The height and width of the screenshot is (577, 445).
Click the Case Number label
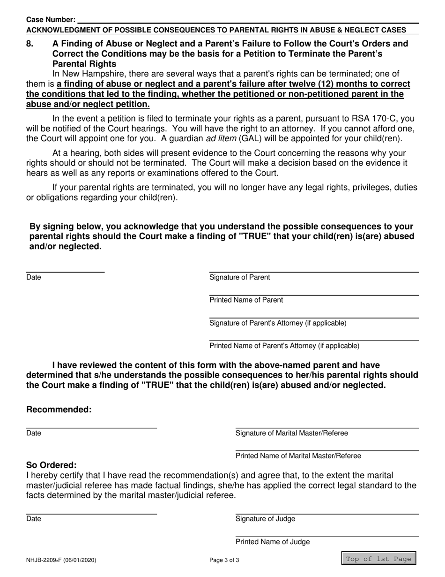pyautogui.click(x=51, y=20)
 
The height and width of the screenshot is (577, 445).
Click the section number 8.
pyautogui.click(x=30, y=44)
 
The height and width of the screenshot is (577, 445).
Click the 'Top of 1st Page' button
pyautogui.click(x=378, y=559)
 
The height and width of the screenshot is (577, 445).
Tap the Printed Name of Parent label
pyautogui.click(x=246, y=300)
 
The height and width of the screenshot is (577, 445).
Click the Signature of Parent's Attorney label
pyautogui.click(x=278, y=323)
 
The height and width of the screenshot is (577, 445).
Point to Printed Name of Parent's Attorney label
pyautogui.click(x=284, y=346)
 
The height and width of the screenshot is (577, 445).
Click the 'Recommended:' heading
pyautogui.click(x=59, y=410)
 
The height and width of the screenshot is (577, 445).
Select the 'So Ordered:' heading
pyautogui.click(x=51, y=465)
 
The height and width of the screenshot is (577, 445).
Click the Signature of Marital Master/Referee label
pyautogui.click(x=291, y=433)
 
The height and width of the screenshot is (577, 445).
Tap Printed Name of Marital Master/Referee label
pyautogui.click(x=298, y=456)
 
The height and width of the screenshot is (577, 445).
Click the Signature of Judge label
pyautogui.click(x=265, y=519)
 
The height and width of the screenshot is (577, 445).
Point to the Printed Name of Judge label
pyautogui.click(x=272, y=542)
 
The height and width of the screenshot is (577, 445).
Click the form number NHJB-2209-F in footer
pyautogui.click(x=61, y=560)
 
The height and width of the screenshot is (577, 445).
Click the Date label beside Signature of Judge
pyautogui.click(x=33, y=519)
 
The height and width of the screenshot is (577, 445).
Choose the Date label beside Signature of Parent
pyautogui.click(x=33, y=278)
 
